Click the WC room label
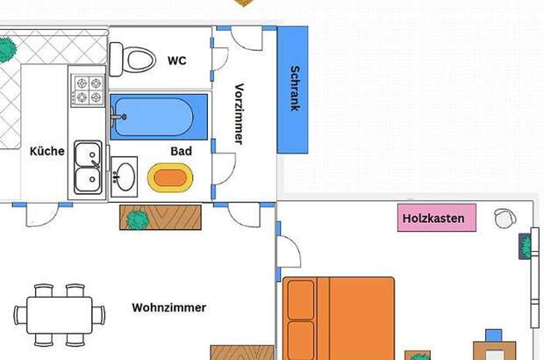[177, 61]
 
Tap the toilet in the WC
[132, 60]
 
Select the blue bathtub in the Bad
[159, 117]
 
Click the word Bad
[181, 151]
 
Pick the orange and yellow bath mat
[170, 177]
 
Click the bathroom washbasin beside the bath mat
[125, 176]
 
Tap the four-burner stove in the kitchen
[88, 90]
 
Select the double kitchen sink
[88, 167]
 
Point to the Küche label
[47, 151]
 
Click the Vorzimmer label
[239, 114]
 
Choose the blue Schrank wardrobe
[292, 90]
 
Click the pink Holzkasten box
[437, 218]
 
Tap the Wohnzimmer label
[169, 307]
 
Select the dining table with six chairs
[60, 315]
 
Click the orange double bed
[339, 319]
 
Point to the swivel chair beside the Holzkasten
[505, 219]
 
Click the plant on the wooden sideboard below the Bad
[138, 220]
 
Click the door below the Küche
[42, 215]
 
